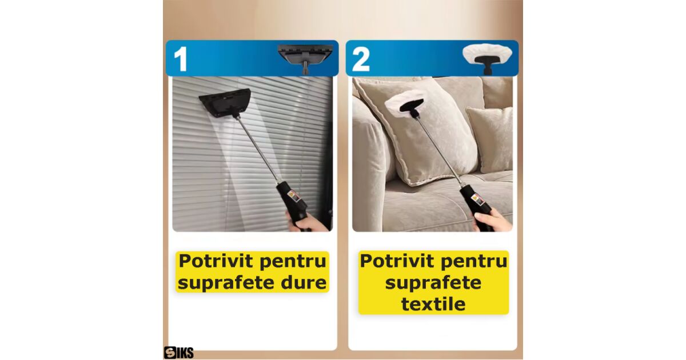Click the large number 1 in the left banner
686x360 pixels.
click(x=181, y=59)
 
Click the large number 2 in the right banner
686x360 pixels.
click(x=361, y=59)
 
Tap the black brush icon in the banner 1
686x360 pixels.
click(x=306, y=58)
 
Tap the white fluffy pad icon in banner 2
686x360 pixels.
click(x=487, y=58)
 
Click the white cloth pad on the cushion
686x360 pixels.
click(x=404, y=102)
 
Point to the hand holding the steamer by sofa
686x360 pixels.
click(x=489, y=220)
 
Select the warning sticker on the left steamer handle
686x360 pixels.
click(x=293, y=196)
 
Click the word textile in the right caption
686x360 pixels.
click(x=433, y=304)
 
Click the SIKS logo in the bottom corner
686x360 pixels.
click(x=178, y=353)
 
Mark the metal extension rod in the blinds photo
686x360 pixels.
click(x=258, y=149)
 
